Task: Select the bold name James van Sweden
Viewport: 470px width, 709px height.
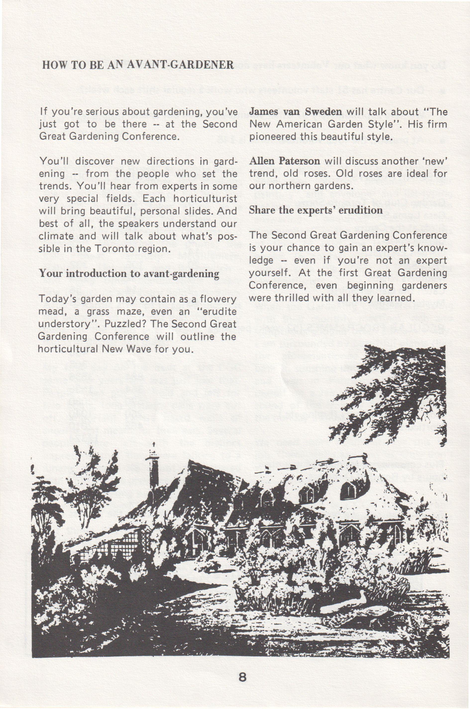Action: pos(296,111)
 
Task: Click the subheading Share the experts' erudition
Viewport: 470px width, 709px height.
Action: pos(316,210)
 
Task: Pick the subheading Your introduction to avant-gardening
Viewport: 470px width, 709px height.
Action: pos(129,274)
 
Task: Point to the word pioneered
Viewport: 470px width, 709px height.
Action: pos(275,137)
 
